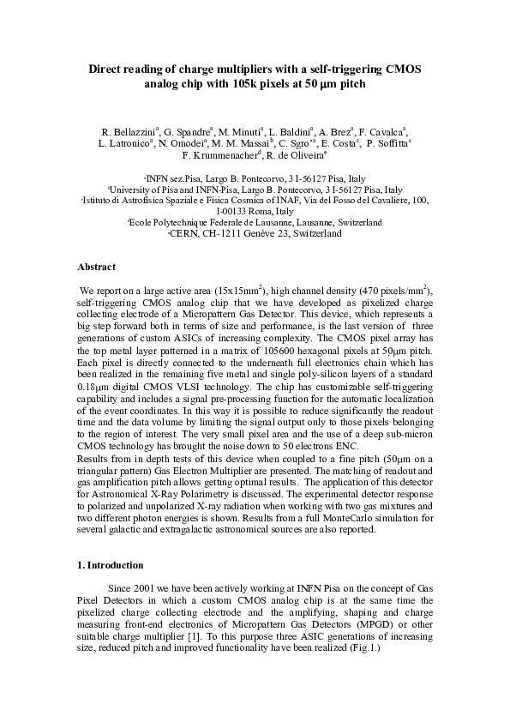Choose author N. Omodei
coord(182,144)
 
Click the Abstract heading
coord(97,267)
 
